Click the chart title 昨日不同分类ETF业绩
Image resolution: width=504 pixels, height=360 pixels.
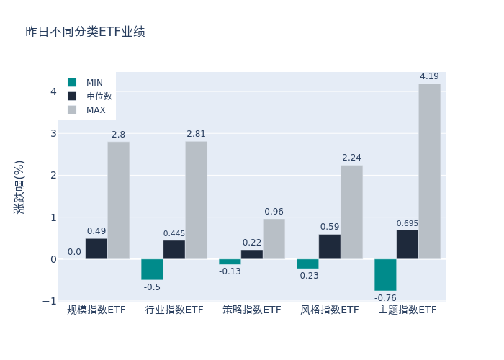[85, 32]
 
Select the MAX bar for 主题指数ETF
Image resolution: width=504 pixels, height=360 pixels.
[429, 171]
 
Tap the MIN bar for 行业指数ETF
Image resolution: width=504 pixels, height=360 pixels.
[152, 269]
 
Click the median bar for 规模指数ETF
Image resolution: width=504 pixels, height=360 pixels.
[96, 248]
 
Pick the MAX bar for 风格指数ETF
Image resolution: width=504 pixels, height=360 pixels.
[351, 212]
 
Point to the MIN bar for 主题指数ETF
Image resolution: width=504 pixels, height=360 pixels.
[385, 275]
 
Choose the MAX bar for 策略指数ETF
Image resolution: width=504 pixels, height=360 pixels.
[274, 239]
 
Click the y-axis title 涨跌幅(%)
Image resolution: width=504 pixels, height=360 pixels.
[19, 186]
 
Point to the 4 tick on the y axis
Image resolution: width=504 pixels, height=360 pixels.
[53, 91]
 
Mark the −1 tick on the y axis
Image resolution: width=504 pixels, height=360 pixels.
[50, 301]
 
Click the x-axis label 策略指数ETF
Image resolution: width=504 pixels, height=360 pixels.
[252, 310]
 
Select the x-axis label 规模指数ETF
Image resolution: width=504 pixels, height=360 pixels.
[96, 310]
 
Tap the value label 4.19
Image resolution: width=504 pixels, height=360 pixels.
[429, 76]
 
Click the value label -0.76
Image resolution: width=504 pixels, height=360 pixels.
[385, 298]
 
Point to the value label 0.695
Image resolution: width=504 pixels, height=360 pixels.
[407, 224]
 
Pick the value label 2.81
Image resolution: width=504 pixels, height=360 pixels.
[196, 134]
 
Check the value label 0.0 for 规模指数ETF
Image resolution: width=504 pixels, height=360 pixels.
[74, 252]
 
